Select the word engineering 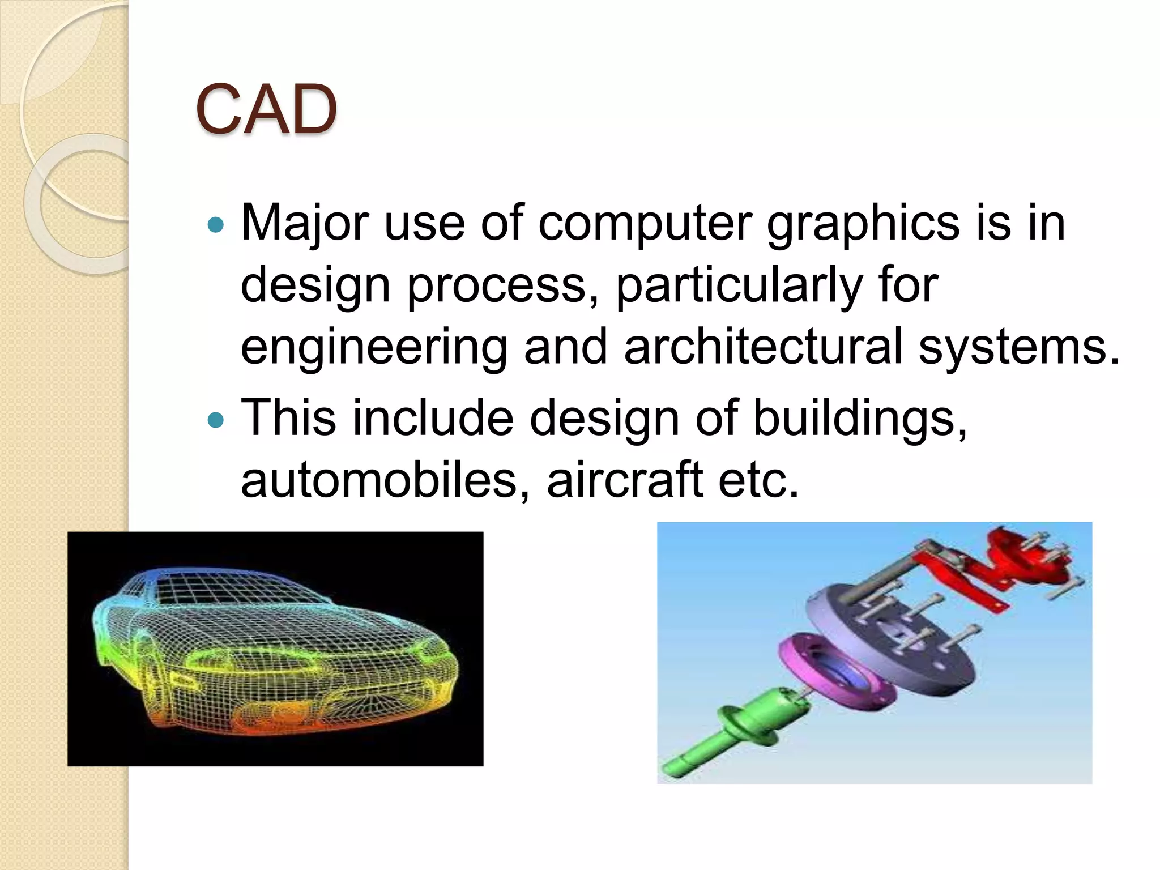[374, 347]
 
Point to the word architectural [762, 347]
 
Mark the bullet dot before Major [216, 225]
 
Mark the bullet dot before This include [216, 420]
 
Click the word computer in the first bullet [646, 223]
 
